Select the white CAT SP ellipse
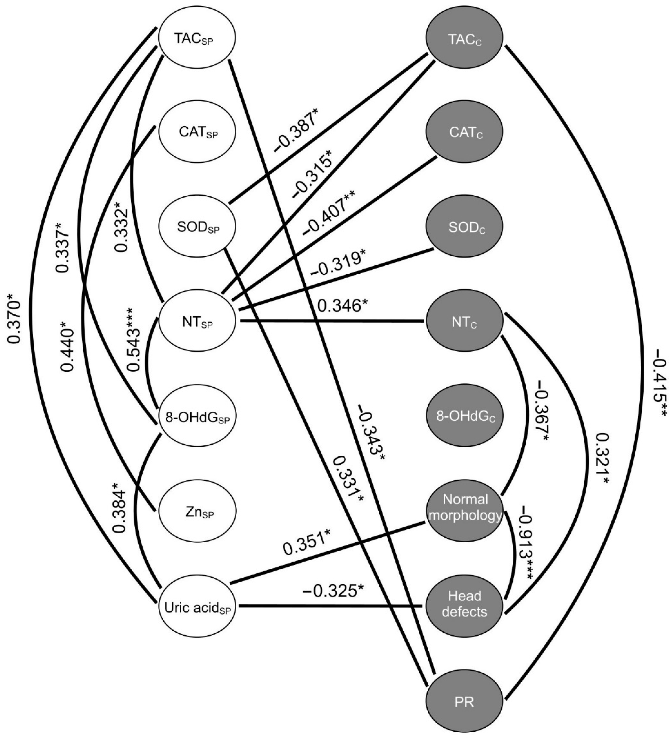pos(197,132)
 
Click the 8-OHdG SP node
pos(197,417)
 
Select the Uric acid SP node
pos(197,607)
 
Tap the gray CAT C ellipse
pos(464,132)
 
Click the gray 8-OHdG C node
pos(464,417)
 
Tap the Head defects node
pos(464,607)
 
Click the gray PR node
pos(464,701)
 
